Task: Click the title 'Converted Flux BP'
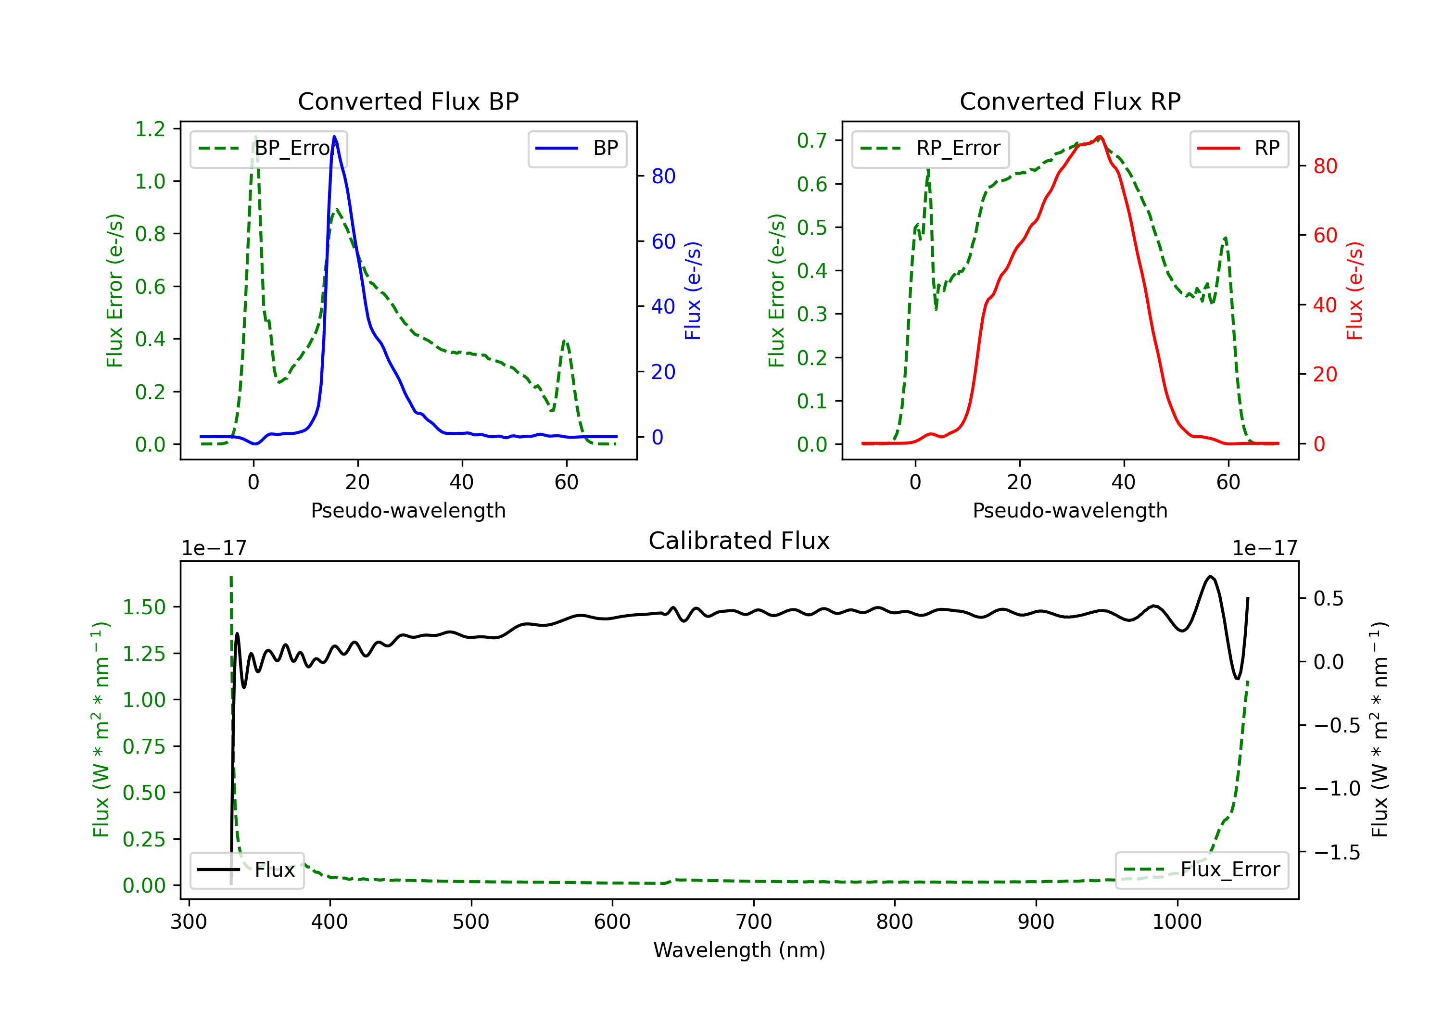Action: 408,101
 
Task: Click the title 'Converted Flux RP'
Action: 1070,101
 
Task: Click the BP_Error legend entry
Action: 268,148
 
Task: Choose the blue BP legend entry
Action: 577,148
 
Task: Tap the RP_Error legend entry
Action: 930,148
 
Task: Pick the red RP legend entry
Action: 1239,148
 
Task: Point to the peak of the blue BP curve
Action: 334,137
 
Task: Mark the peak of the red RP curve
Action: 1099,137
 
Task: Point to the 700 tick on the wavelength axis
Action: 754,922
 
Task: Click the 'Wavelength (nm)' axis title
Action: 739,950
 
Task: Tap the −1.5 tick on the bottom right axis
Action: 1337,852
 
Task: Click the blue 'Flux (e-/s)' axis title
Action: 693,290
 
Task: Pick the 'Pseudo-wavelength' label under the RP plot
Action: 1070,510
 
